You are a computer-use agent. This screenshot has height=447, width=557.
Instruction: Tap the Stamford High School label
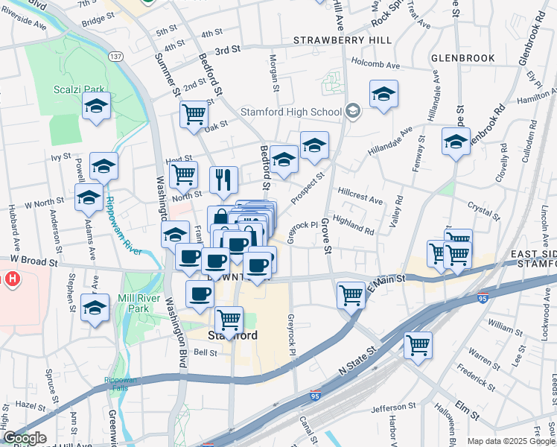tap(290, 112)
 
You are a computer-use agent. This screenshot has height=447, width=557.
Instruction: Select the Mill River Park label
tap(139, 302)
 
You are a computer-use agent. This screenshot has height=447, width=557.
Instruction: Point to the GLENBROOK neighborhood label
tap(462, 57)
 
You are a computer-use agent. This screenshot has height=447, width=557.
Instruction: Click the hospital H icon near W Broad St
tap(12, 280)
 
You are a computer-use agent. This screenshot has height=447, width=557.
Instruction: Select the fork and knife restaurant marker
tap(223, 179)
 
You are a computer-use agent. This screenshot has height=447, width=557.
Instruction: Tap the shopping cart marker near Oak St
tap(194, 115)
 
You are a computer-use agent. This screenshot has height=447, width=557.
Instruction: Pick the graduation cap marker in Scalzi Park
tap(96, 107)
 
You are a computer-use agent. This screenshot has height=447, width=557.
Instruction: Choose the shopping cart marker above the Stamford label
tap(229, 320)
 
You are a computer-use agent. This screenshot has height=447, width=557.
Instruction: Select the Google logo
tap(24, 438)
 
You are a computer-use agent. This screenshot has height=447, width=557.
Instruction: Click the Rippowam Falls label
tap(121, 384)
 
